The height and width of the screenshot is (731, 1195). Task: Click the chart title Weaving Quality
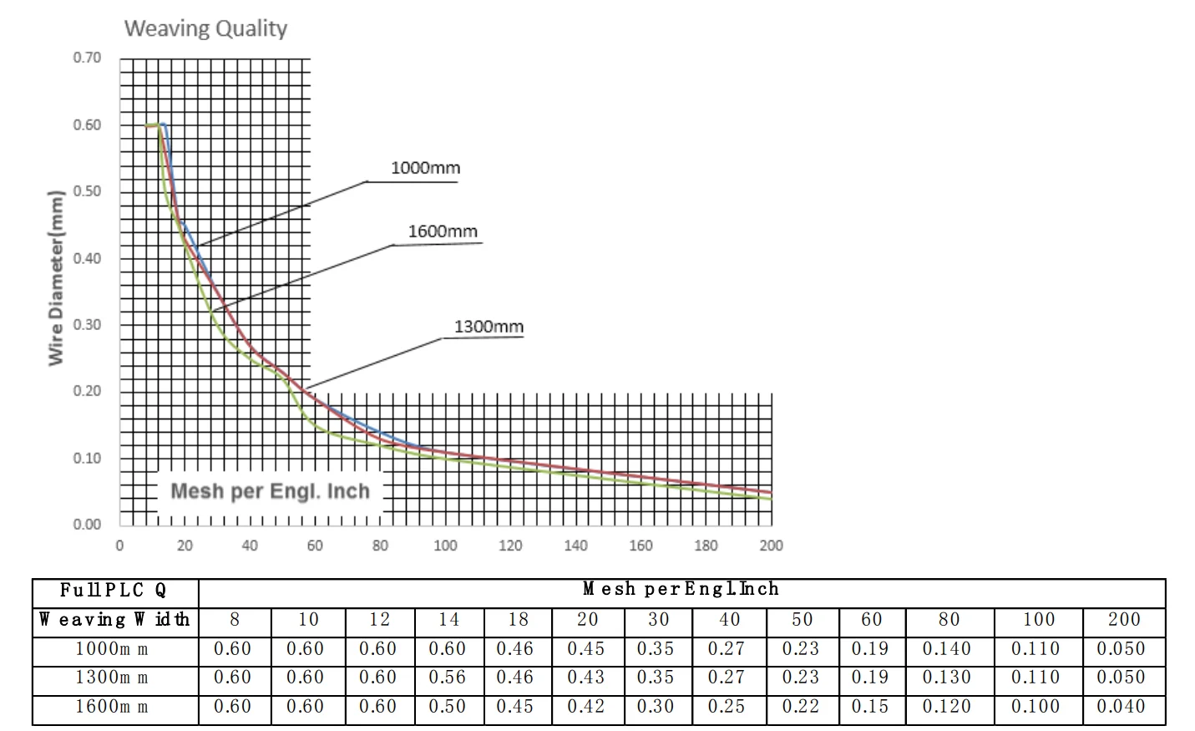point(205,28)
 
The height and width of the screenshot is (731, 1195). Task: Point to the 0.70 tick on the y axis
point(87,58)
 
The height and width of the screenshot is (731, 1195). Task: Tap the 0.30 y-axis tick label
point(87,324)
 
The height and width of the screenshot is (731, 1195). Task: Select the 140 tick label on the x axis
point(575,546)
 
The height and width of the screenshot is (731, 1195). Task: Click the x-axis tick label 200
point(770,546)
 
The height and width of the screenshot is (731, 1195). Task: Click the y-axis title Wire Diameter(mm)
point(56,278)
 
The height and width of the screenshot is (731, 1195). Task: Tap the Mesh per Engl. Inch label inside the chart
point(270,491)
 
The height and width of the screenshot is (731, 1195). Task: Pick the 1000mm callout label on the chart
point(425,168)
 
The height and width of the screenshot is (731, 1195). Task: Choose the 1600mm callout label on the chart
point(443,231)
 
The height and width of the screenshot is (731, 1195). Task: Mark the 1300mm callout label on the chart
point(489,327)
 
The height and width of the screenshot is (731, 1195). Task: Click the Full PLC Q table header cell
point(114,591)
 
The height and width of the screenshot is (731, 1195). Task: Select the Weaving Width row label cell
point(114,620)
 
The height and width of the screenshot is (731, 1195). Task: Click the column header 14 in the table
point(448,620)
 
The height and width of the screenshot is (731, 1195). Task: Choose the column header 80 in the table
point(949,620)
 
